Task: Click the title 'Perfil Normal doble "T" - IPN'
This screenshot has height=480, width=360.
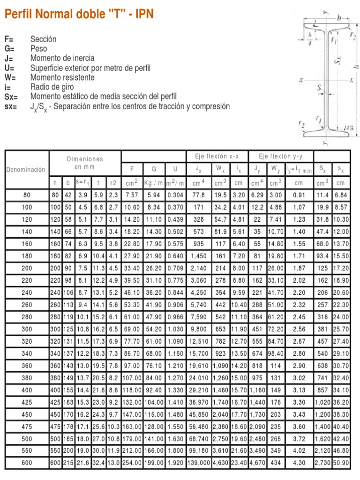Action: coord(79,15)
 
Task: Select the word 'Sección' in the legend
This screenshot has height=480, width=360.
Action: coord(43,39)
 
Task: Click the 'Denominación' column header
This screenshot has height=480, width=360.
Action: coord(26,169)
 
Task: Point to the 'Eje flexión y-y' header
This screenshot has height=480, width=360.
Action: coord(280,156)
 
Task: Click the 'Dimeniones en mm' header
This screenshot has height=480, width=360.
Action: coord(85,163)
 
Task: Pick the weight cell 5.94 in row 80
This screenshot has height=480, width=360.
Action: coord(153,195)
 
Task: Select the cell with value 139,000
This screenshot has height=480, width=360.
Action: coord(199,463)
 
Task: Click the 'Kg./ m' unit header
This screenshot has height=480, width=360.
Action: coord(153,183)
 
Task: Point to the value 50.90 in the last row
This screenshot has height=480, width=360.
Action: coord(341,463)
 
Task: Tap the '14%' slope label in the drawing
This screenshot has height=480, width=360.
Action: coord(347,127)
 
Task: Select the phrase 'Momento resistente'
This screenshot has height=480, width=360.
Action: coord(62,77)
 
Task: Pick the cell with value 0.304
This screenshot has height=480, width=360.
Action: coord(175,195)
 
